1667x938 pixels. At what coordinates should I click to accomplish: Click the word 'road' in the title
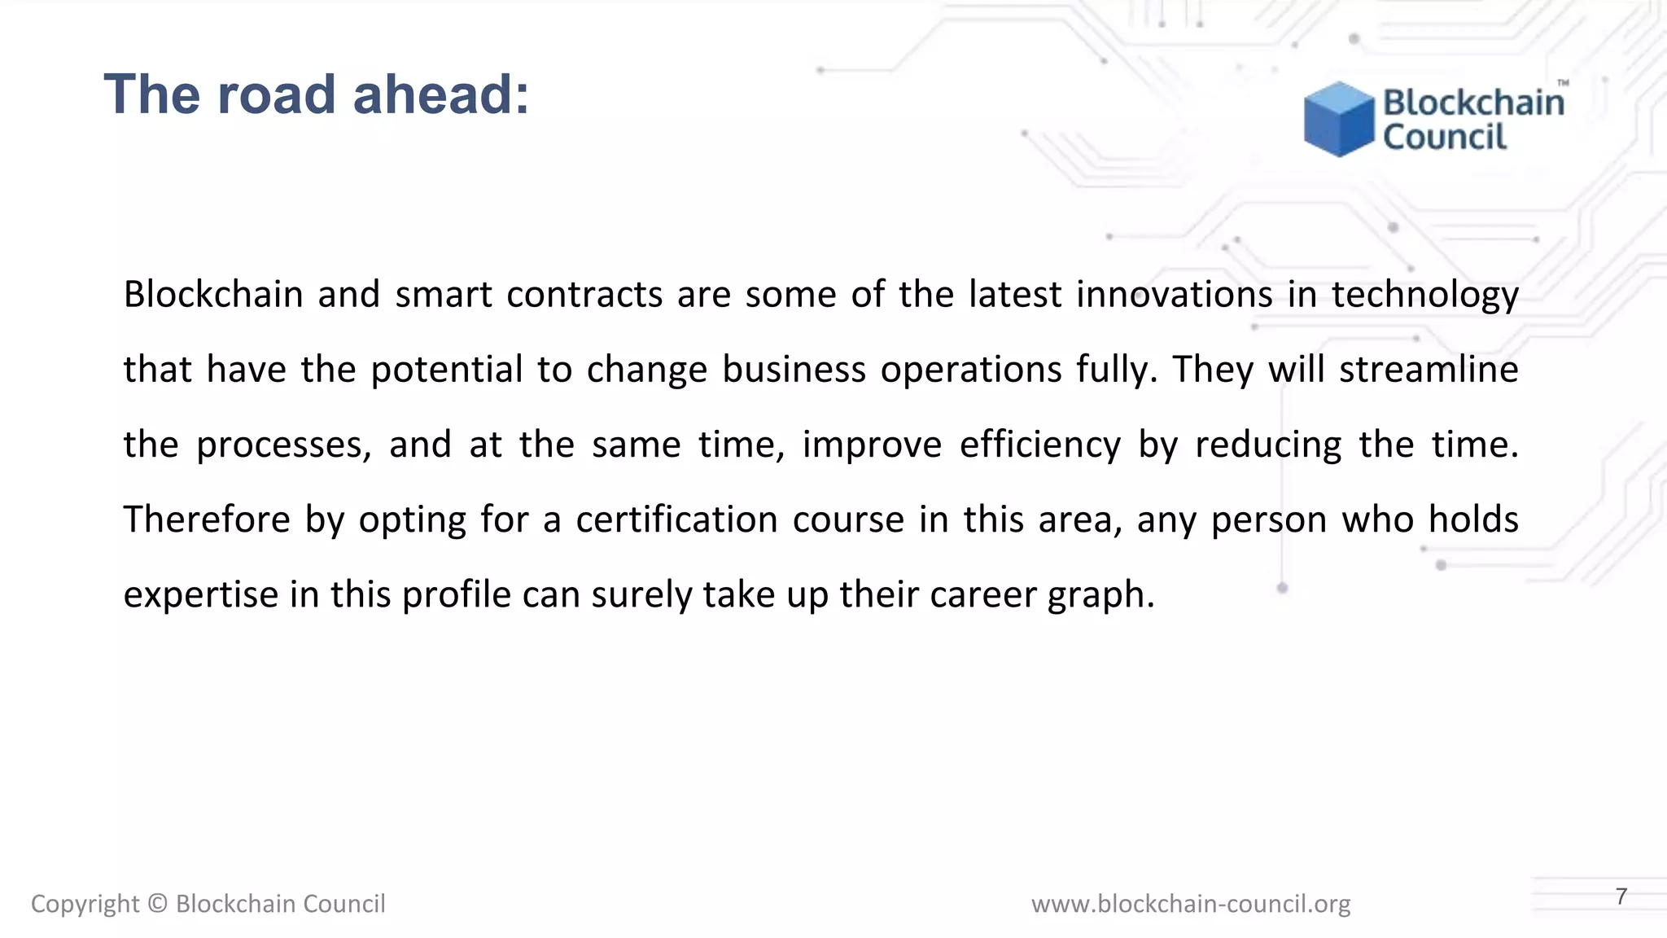click(x=276, y=94)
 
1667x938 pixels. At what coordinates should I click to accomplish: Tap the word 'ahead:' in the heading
click(x=441, y=94)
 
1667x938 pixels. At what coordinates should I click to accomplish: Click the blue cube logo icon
click(x=1338, y=119)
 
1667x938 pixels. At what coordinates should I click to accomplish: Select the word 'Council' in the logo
click(x=1445, y=137)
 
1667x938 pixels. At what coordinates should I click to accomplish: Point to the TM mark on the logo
click(x=1563, y=83)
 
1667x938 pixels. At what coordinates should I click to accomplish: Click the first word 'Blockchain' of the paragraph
click(x=213, y=294)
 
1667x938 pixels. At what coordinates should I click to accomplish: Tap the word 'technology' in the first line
click(x=1424, y=294)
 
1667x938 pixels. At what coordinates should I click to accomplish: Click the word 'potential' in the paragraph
click(x=446, y=370)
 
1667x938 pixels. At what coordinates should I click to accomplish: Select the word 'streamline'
click(x=1429, y=370)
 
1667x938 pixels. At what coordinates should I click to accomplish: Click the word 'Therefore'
click(x=207, y=519)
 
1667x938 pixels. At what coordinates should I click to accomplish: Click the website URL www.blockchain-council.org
click(x=1190, y=904)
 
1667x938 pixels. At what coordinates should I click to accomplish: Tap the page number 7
click(x=1621, y=896)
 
